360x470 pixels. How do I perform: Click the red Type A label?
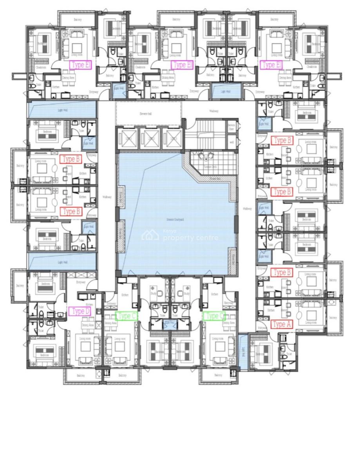click(x=281, y=324)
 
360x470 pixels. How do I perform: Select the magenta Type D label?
click(x=80, y=311)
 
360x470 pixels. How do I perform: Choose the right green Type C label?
click(x=213, y=316)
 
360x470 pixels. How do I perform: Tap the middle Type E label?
click(x=182, y=65)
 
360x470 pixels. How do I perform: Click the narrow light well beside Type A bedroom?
click(x=243, y=351)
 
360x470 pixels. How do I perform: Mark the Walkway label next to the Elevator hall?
click(x=213, y=111)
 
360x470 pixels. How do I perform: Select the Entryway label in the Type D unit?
click(x=81, y=281)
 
